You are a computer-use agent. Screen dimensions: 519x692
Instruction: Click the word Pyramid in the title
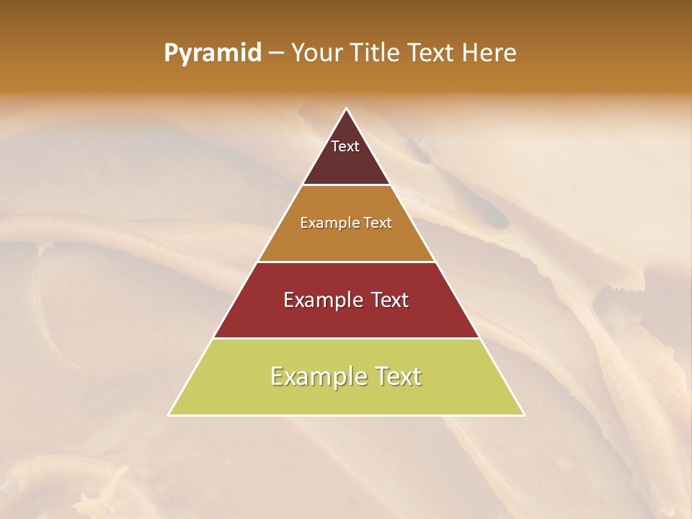coord(213,53)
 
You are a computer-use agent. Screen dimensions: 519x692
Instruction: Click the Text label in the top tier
coord(345,146)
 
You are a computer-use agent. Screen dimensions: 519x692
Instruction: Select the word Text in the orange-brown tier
coord(378,223)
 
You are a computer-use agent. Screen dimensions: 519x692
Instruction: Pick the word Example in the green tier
coord(319,376)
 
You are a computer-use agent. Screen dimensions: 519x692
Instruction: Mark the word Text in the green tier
coord(397,376)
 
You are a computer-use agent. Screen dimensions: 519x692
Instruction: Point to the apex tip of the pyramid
coord(346,110)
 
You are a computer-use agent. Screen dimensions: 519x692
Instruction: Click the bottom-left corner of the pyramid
coord(169,414)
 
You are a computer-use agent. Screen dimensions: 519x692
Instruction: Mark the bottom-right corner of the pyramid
coord(523,414)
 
